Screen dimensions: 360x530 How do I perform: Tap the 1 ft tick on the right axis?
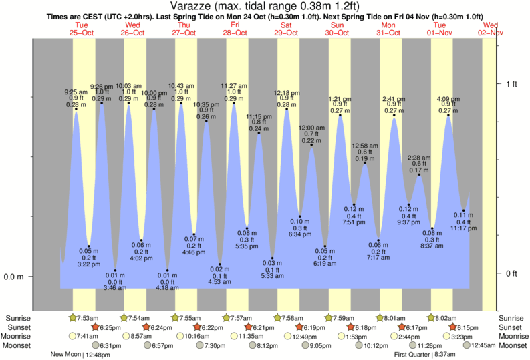(x=511, y=84)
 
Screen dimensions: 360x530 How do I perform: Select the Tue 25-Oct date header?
(x=82, y=28)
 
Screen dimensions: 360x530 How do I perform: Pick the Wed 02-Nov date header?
(x=490, y=28)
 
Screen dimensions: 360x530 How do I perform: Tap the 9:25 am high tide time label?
(x=76, y=92)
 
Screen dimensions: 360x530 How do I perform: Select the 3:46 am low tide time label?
(x=114, y=288)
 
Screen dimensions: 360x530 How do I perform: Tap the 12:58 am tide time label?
(x=365, y=146)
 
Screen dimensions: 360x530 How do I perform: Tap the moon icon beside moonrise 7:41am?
(x=72, y=336)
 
